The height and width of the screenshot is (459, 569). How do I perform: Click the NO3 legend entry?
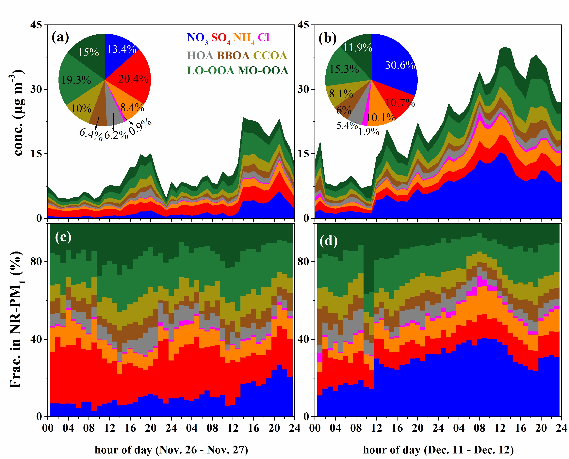click(x=197, y=38)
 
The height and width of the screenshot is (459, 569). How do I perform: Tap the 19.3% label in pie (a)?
click(x=76, y=80)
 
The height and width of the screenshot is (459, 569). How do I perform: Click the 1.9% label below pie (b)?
click(x=368, y=131)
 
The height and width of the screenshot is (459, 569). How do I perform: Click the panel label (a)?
click(x=60, y=37)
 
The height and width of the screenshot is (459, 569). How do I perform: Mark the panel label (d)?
click(x=328, y=241)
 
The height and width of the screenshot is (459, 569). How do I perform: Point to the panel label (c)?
click(x=63, y=237)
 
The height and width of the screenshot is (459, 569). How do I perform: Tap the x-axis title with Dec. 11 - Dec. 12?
click(x=438, y=450)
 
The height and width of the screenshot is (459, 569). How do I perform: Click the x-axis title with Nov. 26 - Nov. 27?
click(x=171, y=450)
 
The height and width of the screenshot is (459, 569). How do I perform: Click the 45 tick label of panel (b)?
click(x=303, y=25)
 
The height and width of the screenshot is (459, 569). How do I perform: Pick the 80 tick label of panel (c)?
click(x=36, y=262)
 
